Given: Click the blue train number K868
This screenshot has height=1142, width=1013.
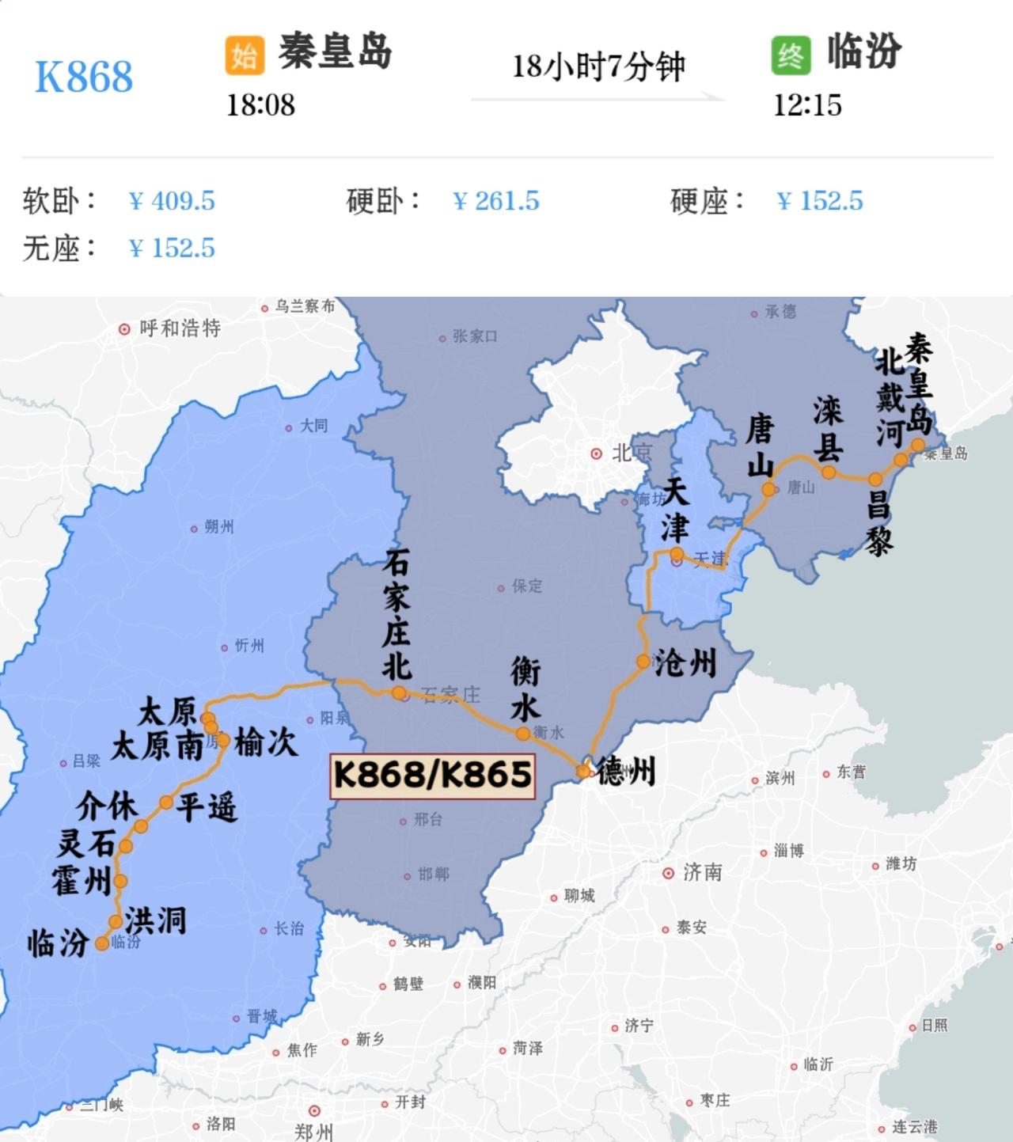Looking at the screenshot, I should [x=84, y=77].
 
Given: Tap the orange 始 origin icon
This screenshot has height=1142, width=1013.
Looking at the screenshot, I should [x=244, y=55].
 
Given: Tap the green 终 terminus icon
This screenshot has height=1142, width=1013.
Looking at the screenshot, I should [x=791, y=55].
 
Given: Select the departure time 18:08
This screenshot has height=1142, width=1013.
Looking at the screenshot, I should [x=260, y=104].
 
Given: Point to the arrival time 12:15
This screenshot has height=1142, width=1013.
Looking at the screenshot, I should [x=807, y=104].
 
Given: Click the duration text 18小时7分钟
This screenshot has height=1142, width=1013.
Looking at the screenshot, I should [x=598, y=66].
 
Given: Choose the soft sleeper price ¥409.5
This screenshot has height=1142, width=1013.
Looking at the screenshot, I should [x=172, y=201].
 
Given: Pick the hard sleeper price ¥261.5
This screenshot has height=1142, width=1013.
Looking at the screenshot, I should [x=496, y=201].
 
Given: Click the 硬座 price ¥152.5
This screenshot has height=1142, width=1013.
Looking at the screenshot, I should [x=820, y=201].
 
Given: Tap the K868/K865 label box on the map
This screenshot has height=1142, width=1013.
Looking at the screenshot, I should [x=432, y=775].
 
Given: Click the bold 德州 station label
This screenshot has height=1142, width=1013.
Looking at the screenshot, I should [x=626, y=770].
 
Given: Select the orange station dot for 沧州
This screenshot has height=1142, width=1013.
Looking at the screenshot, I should [x=643, y=662].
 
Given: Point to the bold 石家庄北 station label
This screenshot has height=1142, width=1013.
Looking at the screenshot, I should [x=396, y=617].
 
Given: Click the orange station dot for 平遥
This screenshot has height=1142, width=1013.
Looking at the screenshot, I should [x=166, y=802].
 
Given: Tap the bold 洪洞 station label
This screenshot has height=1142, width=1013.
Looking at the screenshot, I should [x=156, y=920].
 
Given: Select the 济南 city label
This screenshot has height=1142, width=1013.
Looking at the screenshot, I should [x=702, y=872].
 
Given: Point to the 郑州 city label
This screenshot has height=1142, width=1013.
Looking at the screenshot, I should [x=314, y=1132].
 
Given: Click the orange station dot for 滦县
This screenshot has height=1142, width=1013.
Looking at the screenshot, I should [x=829, y=472].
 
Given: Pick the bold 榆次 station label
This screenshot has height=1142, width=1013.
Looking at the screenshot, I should [x=266, y=742].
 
